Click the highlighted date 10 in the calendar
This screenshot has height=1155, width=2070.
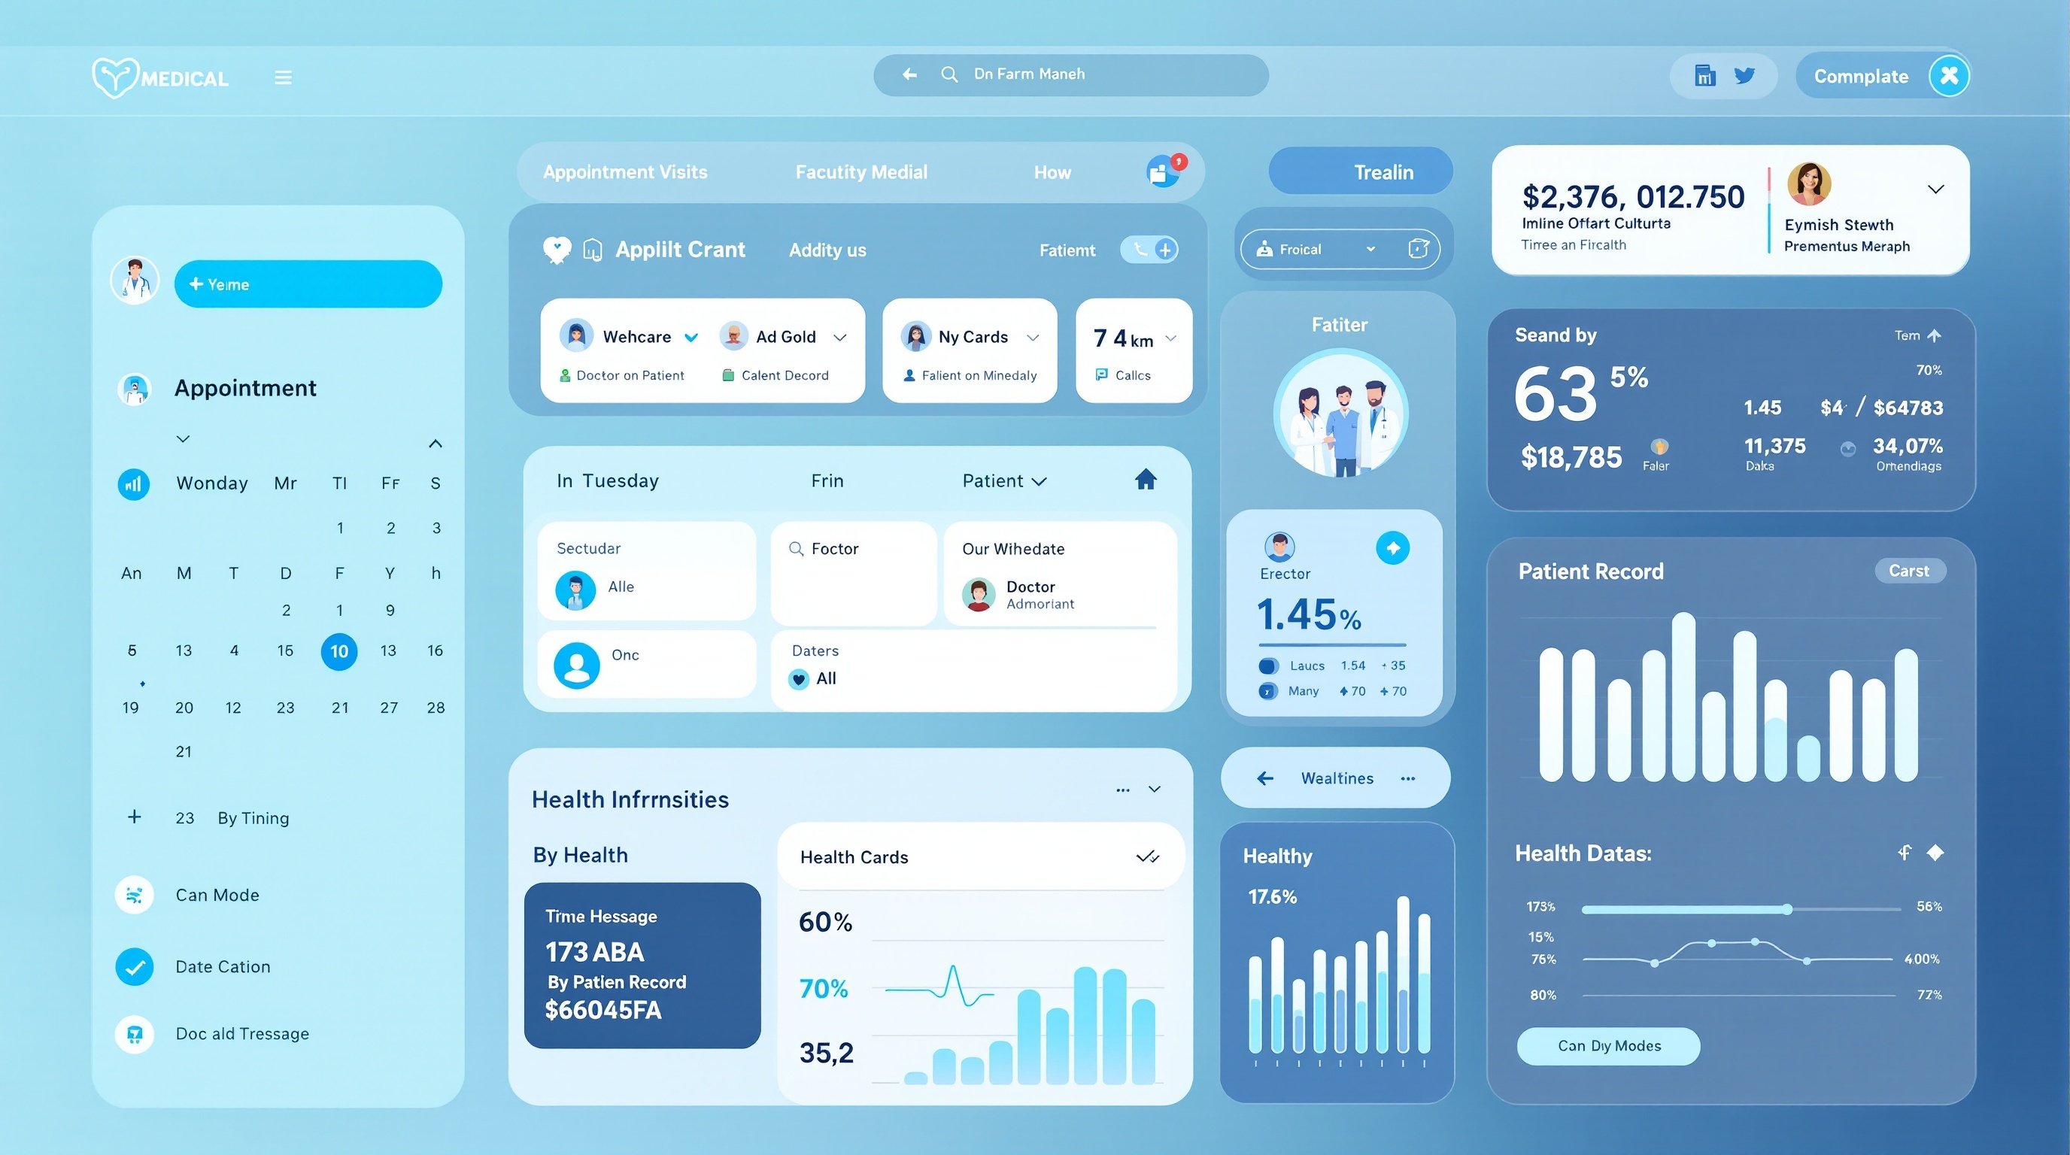[x=339, y=651]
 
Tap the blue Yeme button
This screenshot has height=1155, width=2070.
[x=308, y=284]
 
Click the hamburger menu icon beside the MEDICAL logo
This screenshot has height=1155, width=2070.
[x=283, y=78]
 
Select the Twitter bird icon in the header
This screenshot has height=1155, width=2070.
[x=1744, y=75]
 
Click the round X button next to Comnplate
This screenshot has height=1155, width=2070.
[x=1949, y=75]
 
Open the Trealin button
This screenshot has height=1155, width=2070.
[x=1361, y=172]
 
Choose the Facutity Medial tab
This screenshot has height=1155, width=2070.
[x=860, y=172]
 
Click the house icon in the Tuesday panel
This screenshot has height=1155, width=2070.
[x=1145, y=480]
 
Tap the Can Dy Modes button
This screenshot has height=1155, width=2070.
[x=1608, y=1046]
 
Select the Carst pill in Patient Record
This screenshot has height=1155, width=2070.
[x=1908, y=571]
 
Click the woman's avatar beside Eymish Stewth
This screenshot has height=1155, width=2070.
[x=1808, y=185]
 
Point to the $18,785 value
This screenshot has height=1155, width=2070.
[x=1571, y=457]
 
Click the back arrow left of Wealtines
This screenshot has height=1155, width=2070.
[x=1265, y=778]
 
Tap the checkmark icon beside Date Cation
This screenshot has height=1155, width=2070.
[x=134, y=967]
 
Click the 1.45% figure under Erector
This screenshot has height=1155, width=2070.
[x=1308, y=615]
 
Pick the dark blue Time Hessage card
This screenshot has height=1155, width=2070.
[x=642, y=965]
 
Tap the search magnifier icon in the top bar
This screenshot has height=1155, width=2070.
[x=949, y=74]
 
